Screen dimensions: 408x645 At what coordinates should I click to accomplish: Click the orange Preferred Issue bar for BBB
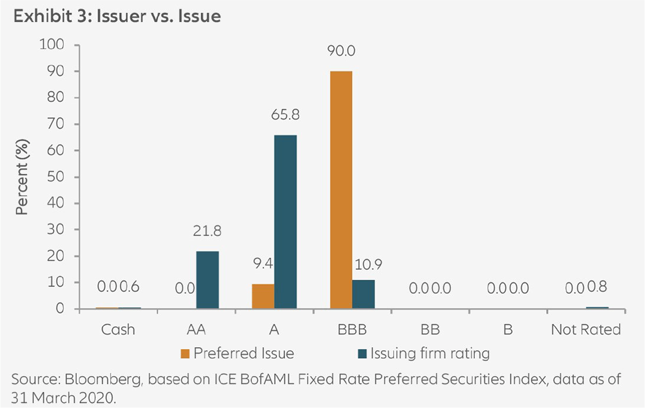click(x=341, y=190)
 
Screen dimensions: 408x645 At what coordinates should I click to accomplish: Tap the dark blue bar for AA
click(x=207, y=280)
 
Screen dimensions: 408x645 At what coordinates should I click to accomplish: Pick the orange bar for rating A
click(x=263, y=296)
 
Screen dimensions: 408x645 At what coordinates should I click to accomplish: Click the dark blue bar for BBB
click(x=364, y=294)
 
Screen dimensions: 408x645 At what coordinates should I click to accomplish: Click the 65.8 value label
click(x=286, y=114)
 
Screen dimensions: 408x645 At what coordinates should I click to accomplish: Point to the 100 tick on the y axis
click(x=52, y=45)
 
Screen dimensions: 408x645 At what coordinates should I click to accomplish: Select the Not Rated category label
click(x=586, y=329)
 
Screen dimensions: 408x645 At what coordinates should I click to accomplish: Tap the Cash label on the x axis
click(x=118, y=329)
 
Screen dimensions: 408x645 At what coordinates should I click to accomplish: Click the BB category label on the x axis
click(x=430, y=329)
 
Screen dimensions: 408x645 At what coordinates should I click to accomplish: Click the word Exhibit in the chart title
click(x=39, y=17)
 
